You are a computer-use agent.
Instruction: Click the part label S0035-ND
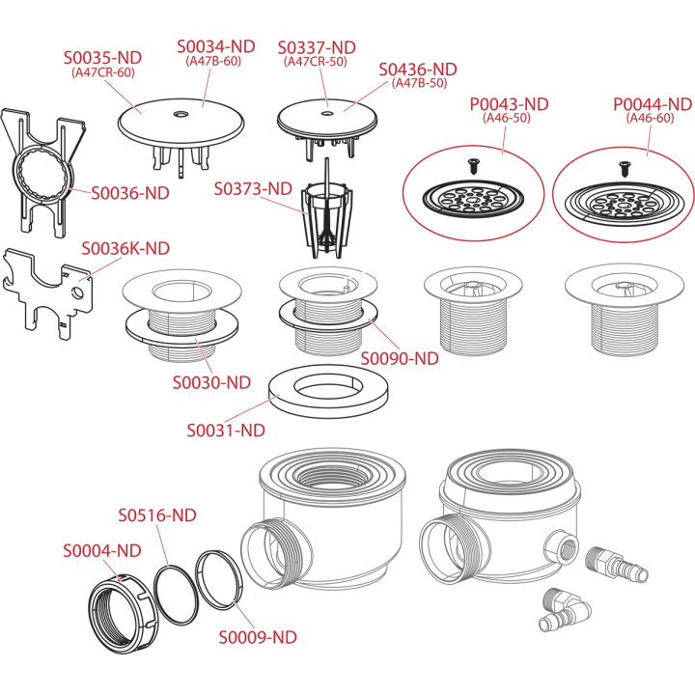click(102, 58)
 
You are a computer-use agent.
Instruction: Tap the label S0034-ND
click(216, 46)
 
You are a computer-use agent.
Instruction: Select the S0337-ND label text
click(317, 48)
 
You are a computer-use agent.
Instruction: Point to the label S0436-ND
click(418, 69)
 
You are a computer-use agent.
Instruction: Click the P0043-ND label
click(509, 104)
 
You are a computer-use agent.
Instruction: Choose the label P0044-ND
click(653, 104)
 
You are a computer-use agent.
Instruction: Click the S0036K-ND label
click(125, 249)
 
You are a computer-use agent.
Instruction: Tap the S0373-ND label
click(253, 189)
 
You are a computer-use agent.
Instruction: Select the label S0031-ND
click(226, 431)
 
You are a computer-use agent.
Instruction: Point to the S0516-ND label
click(157, 515)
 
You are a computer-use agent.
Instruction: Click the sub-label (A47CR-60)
click(103, 72)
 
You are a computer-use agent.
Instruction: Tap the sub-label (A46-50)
click(506, 118)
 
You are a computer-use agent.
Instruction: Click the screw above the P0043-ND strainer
click(472, 166)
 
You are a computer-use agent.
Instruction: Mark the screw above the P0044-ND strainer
click(625, 169)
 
